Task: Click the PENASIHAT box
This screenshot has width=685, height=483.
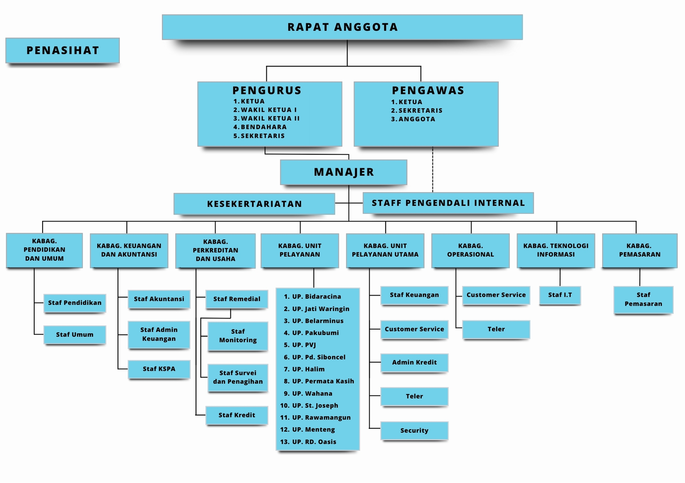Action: tap(63, 50)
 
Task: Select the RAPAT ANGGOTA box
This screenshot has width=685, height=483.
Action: tap(342, 27)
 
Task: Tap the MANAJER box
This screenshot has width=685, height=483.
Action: tap(344, 172)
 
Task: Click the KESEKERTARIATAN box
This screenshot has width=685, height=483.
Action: tap(254, 204)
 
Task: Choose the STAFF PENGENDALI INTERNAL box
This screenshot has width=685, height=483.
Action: tap(448, 203)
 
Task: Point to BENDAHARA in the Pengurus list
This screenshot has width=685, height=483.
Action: tap(264, 127)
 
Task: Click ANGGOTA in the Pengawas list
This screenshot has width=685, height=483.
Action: tap(417, 119)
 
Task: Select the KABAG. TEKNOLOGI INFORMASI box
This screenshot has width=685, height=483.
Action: tap(556, 251)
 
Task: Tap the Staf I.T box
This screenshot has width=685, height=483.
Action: tap(560, 295)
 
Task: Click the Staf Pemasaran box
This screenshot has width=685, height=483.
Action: tap(644, 300)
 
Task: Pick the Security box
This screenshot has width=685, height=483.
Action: tap(414, 431)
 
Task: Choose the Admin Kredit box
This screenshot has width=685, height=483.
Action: tap(414, 363)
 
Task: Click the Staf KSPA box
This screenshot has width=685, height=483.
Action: tap(159, 369)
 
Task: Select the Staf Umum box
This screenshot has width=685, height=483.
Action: tap(75, 335)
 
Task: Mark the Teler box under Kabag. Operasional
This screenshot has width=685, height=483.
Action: tap(496, 329)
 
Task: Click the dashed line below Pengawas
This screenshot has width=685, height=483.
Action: tap(433, 170)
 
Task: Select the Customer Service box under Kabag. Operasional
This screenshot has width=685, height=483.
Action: tap(496, 295)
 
